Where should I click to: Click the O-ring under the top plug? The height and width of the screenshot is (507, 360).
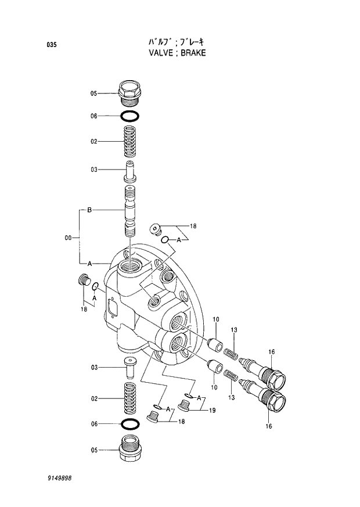[129, 116]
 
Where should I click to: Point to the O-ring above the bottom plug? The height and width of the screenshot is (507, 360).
[129, 423]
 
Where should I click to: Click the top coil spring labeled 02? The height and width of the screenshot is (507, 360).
[129, 141]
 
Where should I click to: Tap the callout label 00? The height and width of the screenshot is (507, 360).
[69, 237]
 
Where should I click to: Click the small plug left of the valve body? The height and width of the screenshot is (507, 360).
[83, 282]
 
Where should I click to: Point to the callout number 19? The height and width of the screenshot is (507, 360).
[213, 411]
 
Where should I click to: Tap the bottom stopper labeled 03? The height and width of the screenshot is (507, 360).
[129, 368]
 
